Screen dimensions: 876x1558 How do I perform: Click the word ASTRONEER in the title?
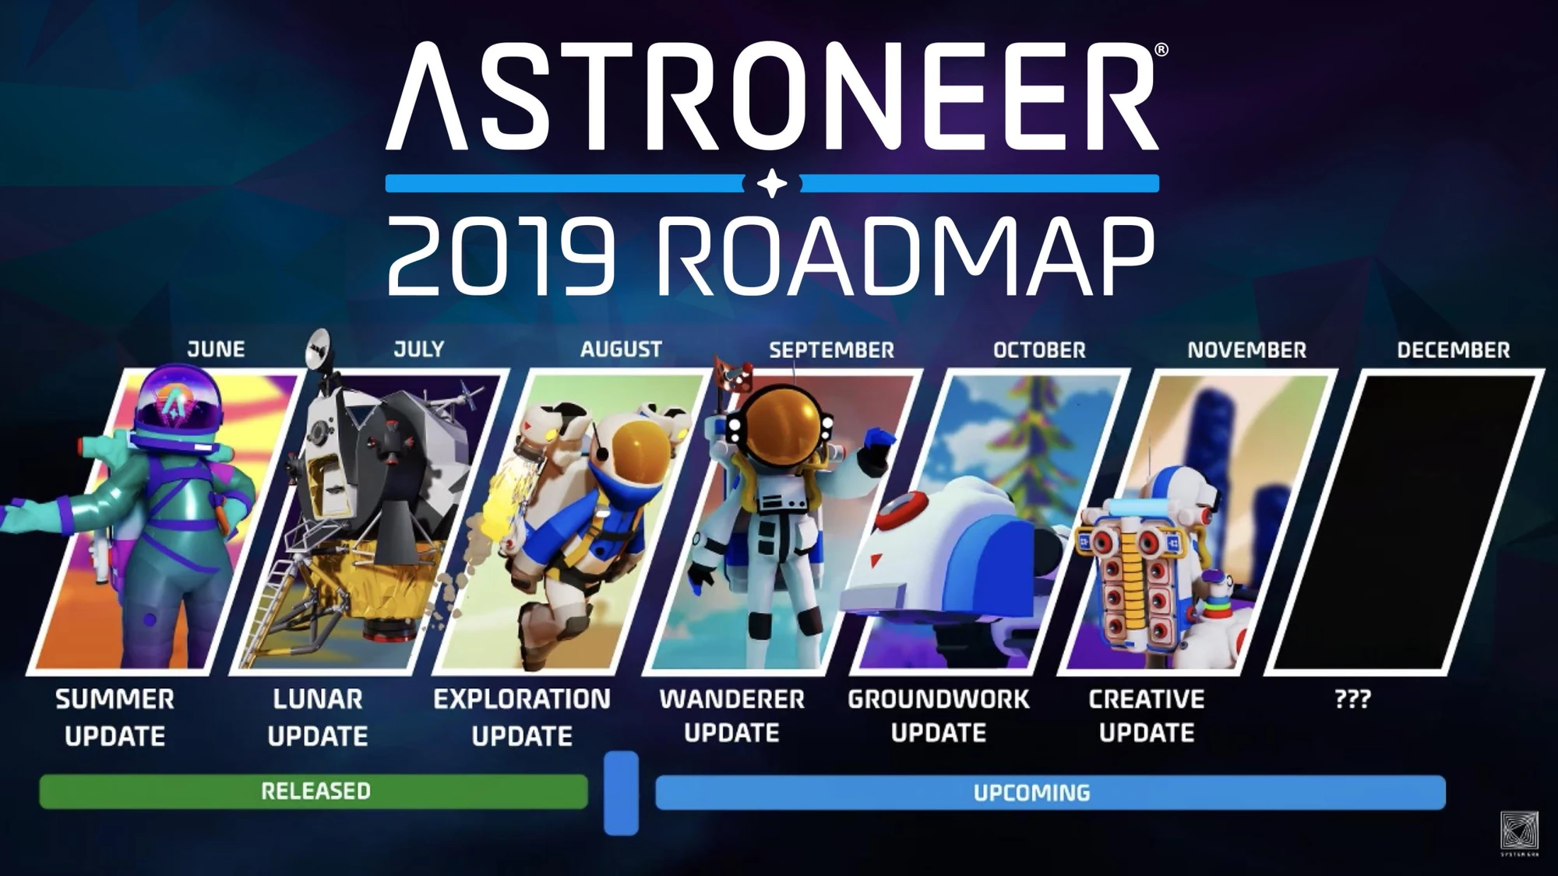click(771, 97)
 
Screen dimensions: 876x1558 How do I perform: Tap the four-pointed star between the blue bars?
click(772, 184)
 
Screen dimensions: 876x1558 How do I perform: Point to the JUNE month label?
click(216, 350)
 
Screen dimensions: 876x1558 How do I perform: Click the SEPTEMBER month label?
click(831, 350)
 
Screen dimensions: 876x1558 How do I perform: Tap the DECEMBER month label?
click(1453, 350)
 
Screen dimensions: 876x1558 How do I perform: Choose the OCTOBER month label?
click(1039, 350)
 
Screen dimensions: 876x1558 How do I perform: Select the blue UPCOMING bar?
click(1049, 793)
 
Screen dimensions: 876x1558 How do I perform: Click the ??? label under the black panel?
click(1352, 699)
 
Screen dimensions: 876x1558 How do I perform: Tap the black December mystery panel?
click(1402, 522)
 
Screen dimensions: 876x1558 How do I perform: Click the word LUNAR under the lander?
click(318, 699)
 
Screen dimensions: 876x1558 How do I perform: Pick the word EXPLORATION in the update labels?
click(522, 699)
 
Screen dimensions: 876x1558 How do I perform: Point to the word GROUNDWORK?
click(939, 699)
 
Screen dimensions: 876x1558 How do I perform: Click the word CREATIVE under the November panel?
click(1146, 699)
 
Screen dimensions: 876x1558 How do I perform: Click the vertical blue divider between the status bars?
click(621, 793)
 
